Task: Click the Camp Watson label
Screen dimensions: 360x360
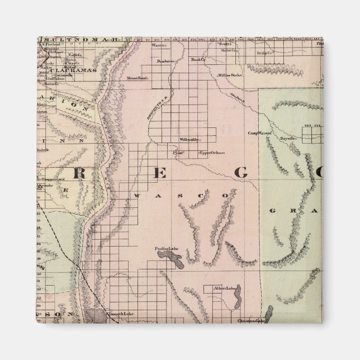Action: click(x=259, y=134)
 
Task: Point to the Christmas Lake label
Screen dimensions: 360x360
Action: click(x=250, y=321)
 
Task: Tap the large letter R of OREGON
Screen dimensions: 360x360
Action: click(x=79, y=173)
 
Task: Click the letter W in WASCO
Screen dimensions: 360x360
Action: click(x=138, y=197)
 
